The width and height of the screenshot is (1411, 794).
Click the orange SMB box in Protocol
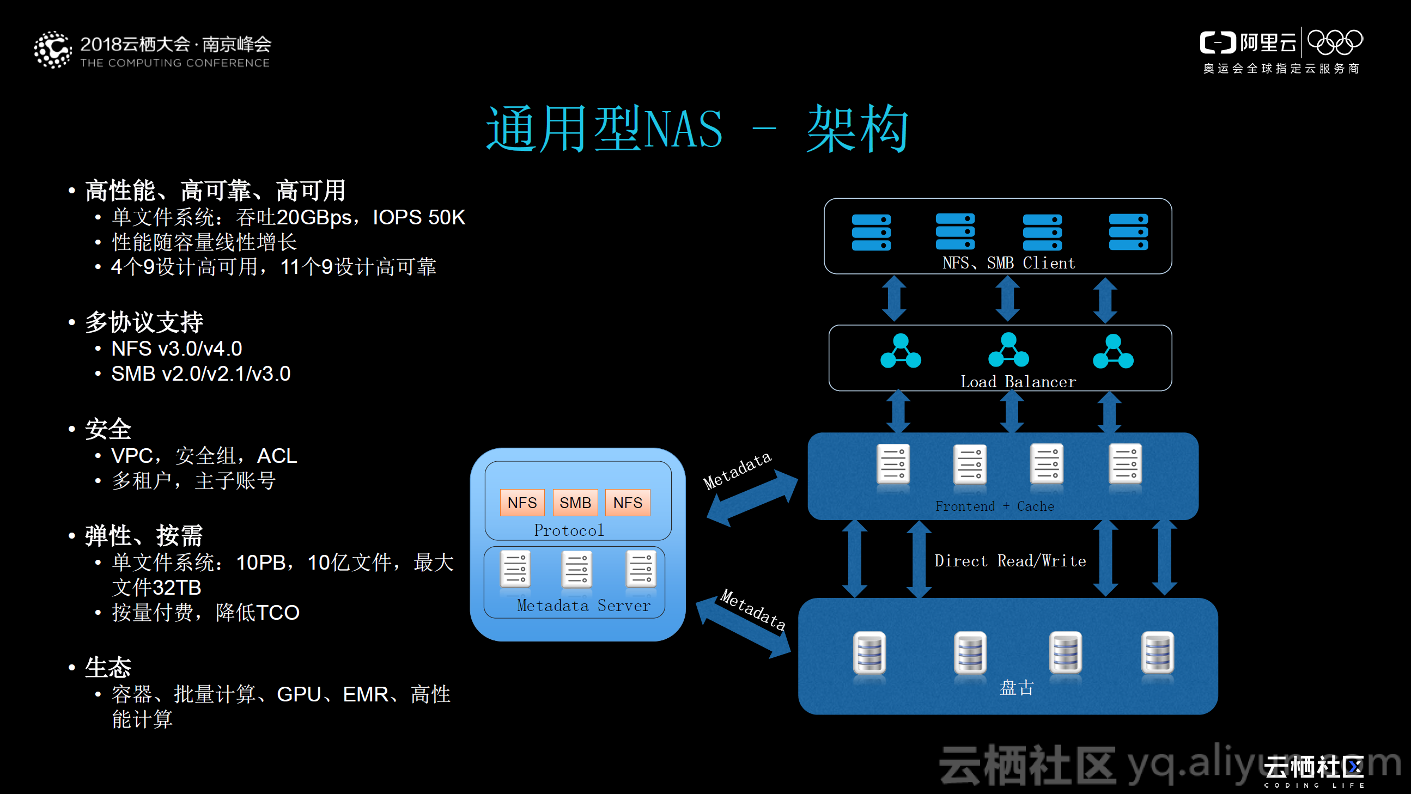click(575, 503)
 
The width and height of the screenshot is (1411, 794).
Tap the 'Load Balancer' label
click(1018, 382)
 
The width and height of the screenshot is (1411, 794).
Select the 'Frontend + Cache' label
click(994, 506)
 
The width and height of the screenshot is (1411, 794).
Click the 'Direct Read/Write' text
click(1009, 561)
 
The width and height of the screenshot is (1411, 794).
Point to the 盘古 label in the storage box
click(1017, 688)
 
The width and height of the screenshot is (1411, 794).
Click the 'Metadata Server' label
click(583, 606)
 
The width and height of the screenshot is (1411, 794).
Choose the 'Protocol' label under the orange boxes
click(569, 530)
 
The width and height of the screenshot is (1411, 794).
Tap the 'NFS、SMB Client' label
click(1008, 264)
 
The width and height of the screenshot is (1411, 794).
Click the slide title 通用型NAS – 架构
click(697, 129)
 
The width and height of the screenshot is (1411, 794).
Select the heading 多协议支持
click(144, 322)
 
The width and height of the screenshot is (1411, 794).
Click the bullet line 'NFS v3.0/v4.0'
click(177, 349)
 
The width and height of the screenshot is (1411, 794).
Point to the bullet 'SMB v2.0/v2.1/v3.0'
click(200, 374)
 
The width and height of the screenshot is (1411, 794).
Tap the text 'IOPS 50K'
click(418, 218)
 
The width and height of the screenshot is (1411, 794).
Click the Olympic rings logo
click(1335, 42)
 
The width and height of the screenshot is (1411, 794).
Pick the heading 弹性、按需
click(144, 535)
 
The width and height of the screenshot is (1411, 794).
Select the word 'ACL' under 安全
click(277, 456)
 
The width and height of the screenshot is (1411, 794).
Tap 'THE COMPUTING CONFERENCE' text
click(175, 63)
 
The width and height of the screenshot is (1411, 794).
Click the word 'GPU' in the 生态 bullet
click(299, 694)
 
